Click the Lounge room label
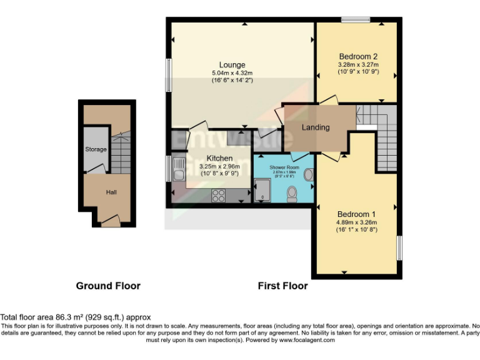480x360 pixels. (x=232, y=65)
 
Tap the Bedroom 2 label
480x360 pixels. (x=357, y=56)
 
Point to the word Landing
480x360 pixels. (x=316, y=127)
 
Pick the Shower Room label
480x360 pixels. (x=284, y=168)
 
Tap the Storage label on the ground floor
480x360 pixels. (x=96, y=149)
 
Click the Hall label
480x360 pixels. (x=111, y=192)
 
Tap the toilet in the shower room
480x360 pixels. (x=291, y=195)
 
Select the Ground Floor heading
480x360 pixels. (x=108, y=286)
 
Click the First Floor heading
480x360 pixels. (x=282, y=286)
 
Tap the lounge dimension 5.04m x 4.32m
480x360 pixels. (x=232, y=73)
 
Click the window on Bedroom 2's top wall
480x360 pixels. (x=355, y=20)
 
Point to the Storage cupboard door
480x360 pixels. (x=99, y=167)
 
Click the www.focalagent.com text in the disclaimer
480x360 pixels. (x=307, y=341)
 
